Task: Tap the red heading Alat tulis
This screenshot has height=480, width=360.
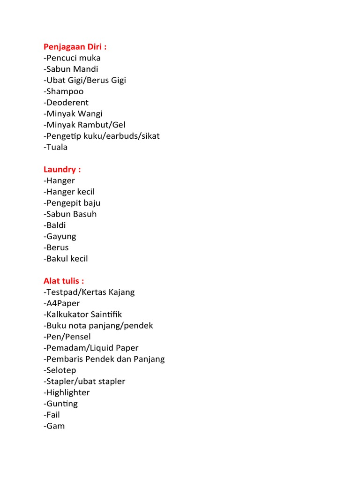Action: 64,281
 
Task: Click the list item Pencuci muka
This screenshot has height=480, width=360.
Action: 72,58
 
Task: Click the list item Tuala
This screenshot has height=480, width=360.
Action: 57,147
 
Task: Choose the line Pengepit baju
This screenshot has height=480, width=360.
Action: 72,203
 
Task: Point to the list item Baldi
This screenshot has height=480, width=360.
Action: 56,225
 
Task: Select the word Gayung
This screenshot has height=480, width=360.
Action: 61,236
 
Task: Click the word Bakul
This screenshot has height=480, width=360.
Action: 57,259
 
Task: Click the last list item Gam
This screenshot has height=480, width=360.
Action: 55,426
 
